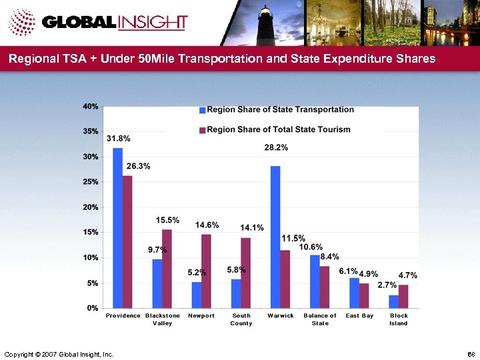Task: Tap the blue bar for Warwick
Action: [275, 237]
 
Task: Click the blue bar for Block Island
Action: [393, 301]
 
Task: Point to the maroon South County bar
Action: [246, 273]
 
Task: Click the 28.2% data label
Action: [277, 147]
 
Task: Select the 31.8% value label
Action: [118, 138]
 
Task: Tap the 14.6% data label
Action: [207, 225]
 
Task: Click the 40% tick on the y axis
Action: [91, 107]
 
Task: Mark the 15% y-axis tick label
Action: [91, 232]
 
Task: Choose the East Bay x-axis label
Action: [359, 315]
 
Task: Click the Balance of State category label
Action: [320, 319]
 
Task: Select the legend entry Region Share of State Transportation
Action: [281, 109]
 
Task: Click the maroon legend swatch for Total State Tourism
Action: [203, 129]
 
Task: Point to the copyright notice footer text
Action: [59, 353]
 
